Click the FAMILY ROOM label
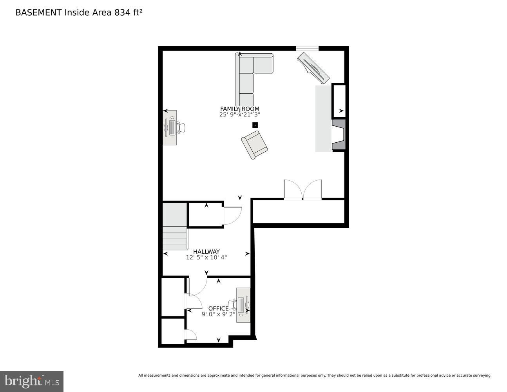click(x=239, y=109)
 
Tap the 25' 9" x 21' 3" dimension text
click(x=239, y=115)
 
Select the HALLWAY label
click(x=206, y=252)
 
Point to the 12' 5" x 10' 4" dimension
click(x=206, y=258)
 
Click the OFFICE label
click(x=218, y=309)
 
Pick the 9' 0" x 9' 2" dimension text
click(x=218, y=314)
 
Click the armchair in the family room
click(x=254, y=145)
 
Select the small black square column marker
click(x=255, y=125)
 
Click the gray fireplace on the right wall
click(x=339, y=135)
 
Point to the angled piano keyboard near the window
click(x=313, y=68)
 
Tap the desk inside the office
click(x=243, y=305)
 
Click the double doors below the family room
click(x=302, y=190)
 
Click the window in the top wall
click(x=307, y=49)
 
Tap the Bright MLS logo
click(x=31, y=381)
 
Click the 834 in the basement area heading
click(x=122, y=13)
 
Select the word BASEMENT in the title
click(x=38, y=13)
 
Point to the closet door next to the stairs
click(x=232, y=216)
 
